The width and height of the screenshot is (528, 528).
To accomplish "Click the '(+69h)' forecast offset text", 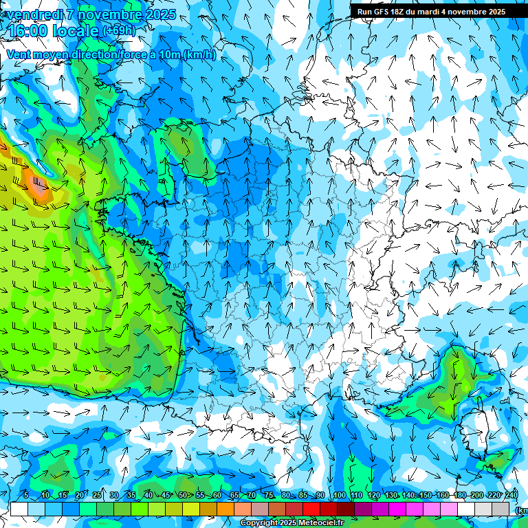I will pos(119,31).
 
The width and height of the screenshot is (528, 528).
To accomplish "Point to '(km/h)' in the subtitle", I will pos(199,55).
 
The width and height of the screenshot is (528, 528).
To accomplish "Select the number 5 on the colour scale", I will pos(26,496).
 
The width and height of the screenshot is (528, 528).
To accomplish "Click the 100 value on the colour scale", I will pos(339,496).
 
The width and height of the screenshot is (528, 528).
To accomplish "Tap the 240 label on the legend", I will pos(511,496).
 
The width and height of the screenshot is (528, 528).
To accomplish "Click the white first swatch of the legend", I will pos(19,509).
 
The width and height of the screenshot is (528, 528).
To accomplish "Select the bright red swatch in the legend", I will pos(311,509).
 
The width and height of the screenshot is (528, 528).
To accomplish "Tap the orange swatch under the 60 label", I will pos(225,509).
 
